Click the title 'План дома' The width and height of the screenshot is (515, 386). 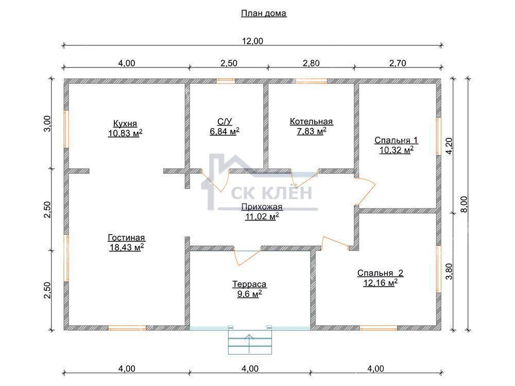(x=264, y=13)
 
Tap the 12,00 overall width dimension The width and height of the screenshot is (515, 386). (x=252, y=41)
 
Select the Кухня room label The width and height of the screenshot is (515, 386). (x=125, y=124)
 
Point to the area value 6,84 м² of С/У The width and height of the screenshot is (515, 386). (x=225, y=131)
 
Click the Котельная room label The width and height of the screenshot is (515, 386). (x=312, y=121)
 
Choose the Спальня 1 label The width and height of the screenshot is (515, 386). (x=396, y=141)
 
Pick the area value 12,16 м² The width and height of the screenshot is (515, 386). (x=381, y=283)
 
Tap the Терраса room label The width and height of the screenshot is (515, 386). (x=249, y=284)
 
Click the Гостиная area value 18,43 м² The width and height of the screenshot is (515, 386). (x=127, y=247)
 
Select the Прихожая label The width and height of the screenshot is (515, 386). (x=262, y=207)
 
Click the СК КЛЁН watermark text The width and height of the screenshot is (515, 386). (x=271, y=192)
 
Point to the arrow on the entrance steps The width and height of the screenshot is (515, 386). (x=249, y=344)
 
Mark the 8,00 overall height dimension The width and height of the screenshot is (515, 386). (x=463, y=204)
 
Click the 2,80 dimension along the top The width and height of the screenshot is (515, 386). (x=311, y=63)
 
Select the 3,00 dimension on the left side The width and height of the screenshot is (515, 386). (x=47, y=124)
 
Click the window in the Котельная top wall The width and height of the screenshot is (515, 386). (x=312, y=81)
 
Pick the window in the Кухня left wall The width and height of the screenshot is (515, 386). (x=66, y=129)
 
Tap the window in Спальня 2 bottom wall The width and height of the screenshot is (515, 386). (x=379, y=327)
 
